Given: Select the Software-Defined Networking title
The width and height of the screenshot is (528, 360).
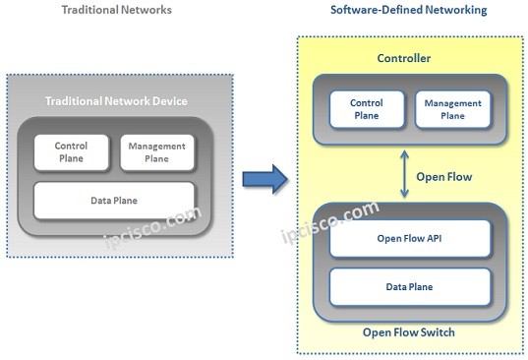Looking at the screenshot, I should click(x=407, y=10).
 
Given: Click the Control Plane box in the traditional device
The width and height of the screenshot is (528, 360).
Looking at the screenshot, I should click(x=71, y=152).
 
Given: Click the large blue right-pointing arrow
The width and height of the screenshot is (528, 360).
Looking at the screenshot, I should click(x=264, y=178).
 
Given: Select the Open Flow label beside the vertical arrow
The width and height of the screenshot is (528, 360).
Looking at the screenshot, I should click(x=444, y=178).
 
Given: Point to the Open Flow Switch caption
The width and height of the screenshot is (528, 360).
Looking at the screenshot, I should click(x=408, y=332).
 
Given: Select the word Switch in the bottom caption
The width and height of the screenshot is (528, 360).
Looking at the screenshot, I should click(x=438, y=332).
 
